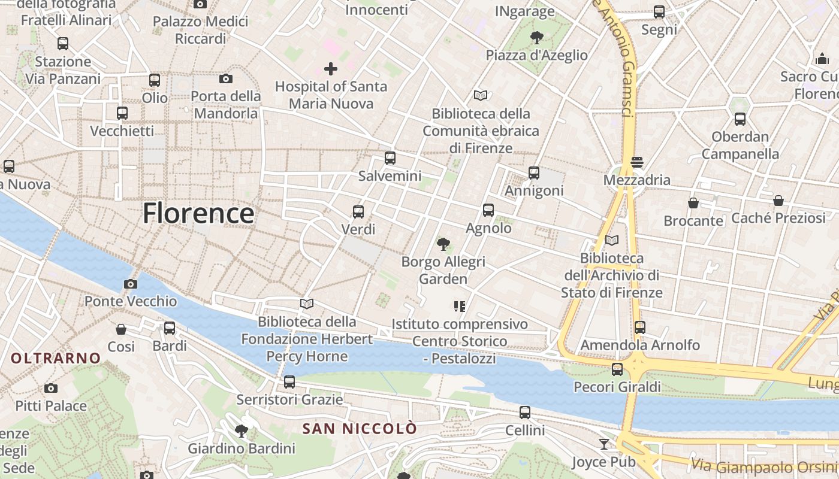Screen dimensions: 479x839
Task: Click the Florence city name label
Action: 198,214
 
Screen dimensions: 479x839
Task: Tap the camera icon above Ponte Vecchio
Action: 130,284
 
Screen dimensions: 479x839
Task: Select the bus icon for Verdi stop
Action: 358,212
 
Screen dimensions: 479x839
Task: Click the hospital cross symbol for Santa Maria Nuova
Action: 330,69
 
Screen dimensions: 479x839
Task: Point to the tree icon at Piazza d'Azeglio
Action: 536,38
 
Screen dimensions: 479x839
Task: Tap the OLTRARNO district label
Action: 56,359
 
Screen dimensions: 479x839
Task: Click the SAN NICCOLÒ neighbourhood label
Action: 359,429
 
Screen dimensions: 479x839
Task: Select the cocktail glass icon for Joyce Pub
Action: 604,444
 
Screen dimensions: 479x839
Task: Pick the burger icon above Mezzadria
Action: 637,162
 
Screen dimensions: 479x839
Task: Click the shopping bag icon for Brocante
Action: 693,203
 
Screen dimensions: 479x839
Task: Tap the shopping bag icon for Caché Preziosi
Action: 778,200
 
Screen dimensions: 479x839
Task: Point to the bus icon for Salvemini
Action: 390,158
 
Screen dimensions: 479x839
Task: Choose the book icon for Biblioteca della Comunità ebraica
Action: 481,95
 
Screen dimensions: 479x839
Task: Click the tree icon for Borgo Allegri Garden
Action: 443,244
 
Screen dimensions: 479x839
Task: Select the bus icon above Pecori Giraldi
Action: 617,369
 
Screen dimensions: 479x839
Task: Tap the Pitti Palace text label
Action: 51,406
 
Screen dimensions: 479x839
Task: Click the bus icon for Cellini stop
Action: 525,413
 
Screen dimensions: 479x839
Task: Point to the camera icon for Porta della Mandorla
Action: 226,78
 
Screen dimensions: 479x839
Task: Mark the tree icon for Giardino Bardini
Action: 242,431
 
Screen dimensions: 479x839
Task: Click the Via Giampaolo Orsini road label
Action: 764,466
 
